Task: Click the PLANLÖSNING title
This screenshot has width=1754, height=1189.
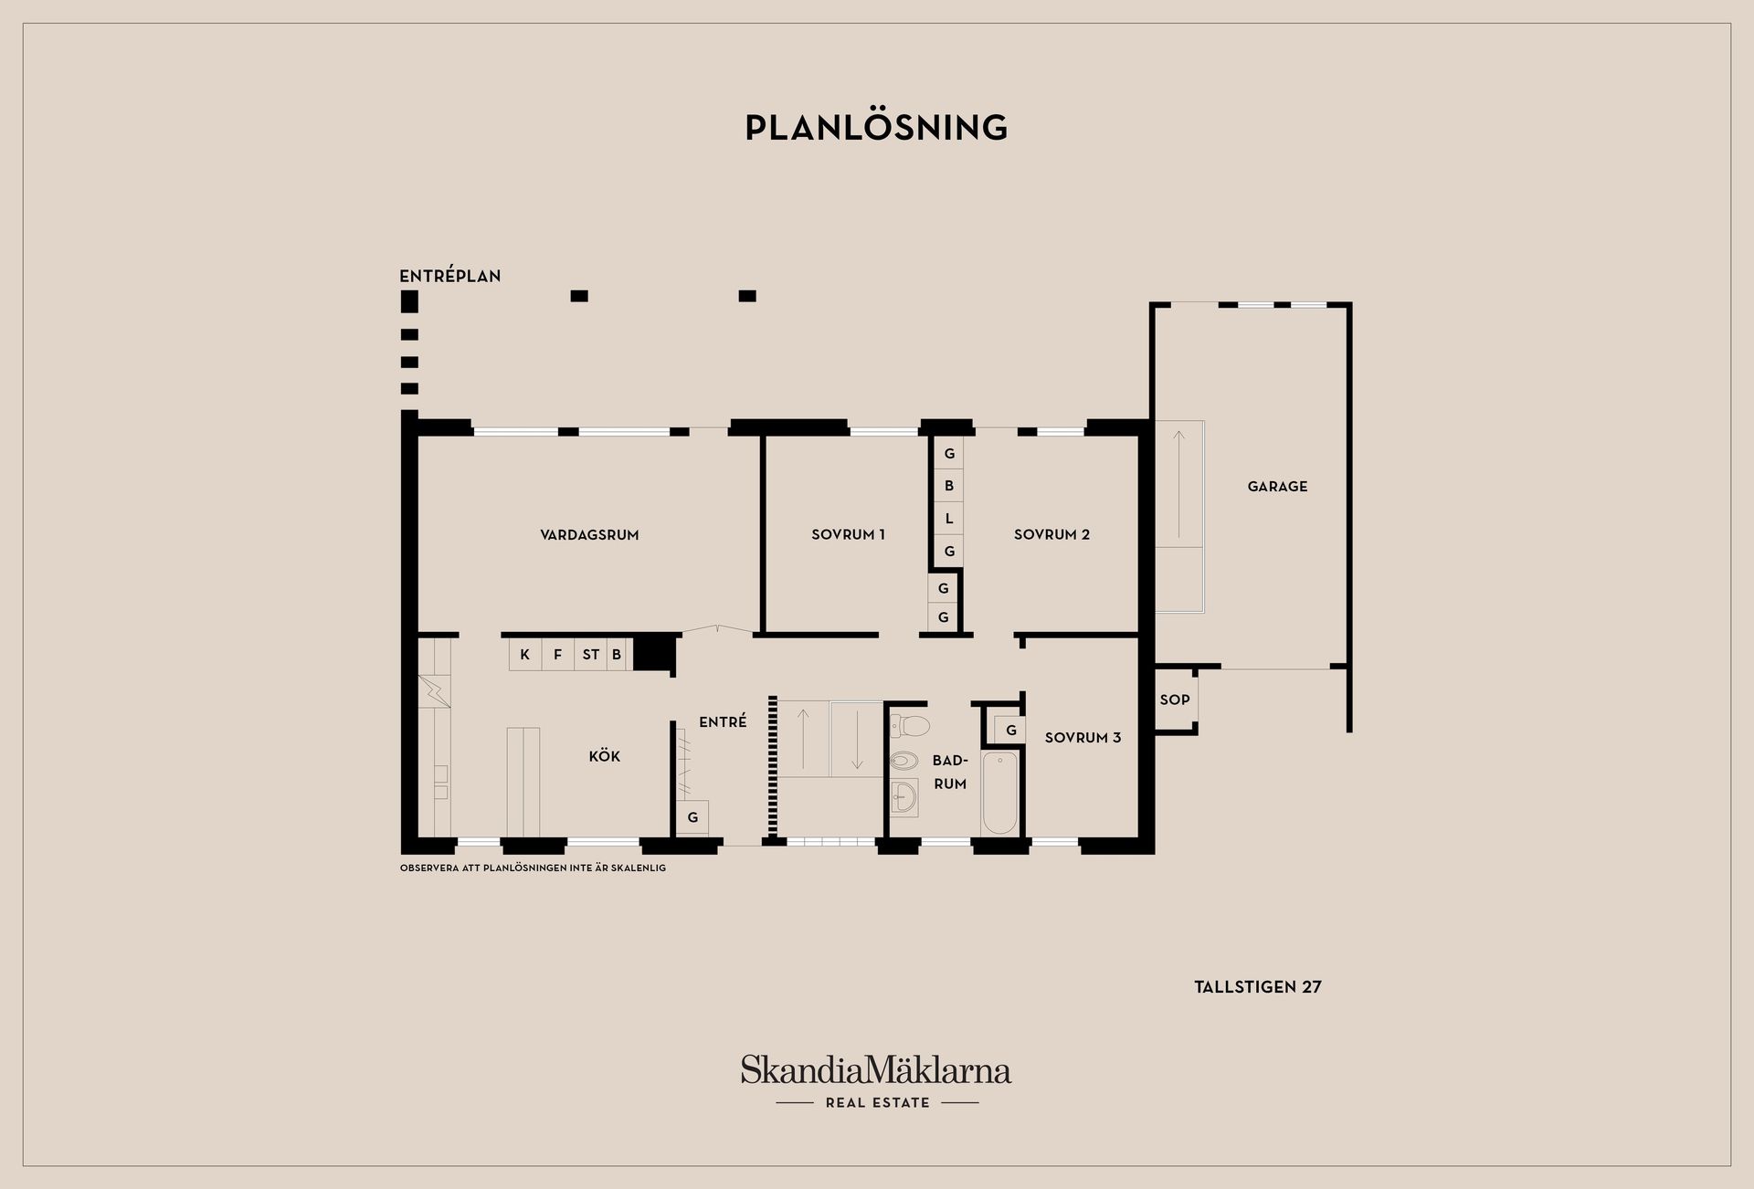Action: (876, 127)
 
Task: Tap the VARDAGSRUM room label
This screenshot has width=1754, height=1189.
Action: (589, 535)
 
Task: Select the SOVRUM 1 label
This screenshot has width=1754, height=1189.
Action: (848, 535)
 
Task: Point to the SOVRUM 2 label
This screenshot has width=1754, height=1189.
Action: (1051, 535)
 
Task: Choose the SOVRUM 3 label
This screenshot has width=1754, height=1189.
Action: (1083, 738)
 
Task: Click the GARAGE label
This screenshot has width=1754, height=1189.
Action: (1277, 487)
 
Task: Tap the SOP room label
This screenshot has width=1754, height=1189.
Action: (1175, 700)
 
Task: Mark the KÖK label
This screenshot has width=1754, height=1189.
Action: (605, 756)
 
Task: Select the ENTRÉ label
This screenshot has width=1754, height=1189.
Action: (723, 721)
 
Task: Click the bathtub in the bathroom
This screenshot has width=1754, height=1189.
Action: (999, 793)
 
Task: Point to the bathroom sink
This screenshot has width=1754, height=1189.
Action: (904, 797)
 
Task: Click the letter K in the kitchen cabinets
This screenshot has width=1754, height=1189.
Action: (525, 655)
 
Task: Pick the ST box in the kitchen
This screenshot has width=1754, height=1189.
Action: (591, 655)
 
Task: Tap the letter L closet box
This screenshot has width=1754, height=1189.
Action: (949, 519)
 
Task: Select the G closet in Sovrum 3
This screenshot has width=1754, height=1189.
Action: (1010, 731)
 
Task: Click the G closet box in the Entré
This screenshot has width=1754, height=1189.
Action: (692, 817)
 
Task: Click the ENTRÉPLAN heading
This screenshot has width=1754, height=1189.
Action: (450, 276)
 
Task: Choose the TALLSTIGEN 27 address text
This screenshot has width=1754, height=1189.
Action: (1258, 987)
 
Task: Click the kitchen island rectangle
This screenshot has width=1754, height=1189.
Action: (523, 782)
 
